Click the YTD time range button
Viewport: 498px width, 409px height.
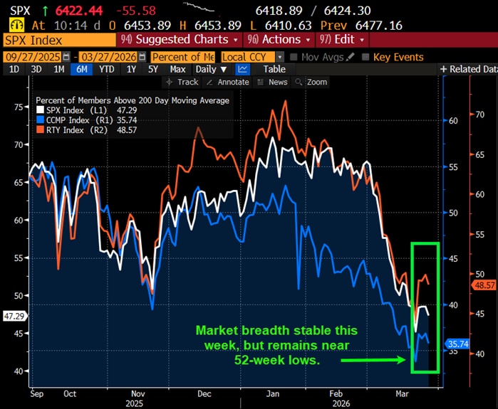point(107,69)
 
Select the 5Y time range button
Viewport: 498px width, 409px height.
point(152,69)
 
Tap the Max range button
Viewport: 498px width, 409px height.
point(177,69)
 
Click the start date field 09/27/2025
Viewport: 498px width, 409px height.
point(33,57)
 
